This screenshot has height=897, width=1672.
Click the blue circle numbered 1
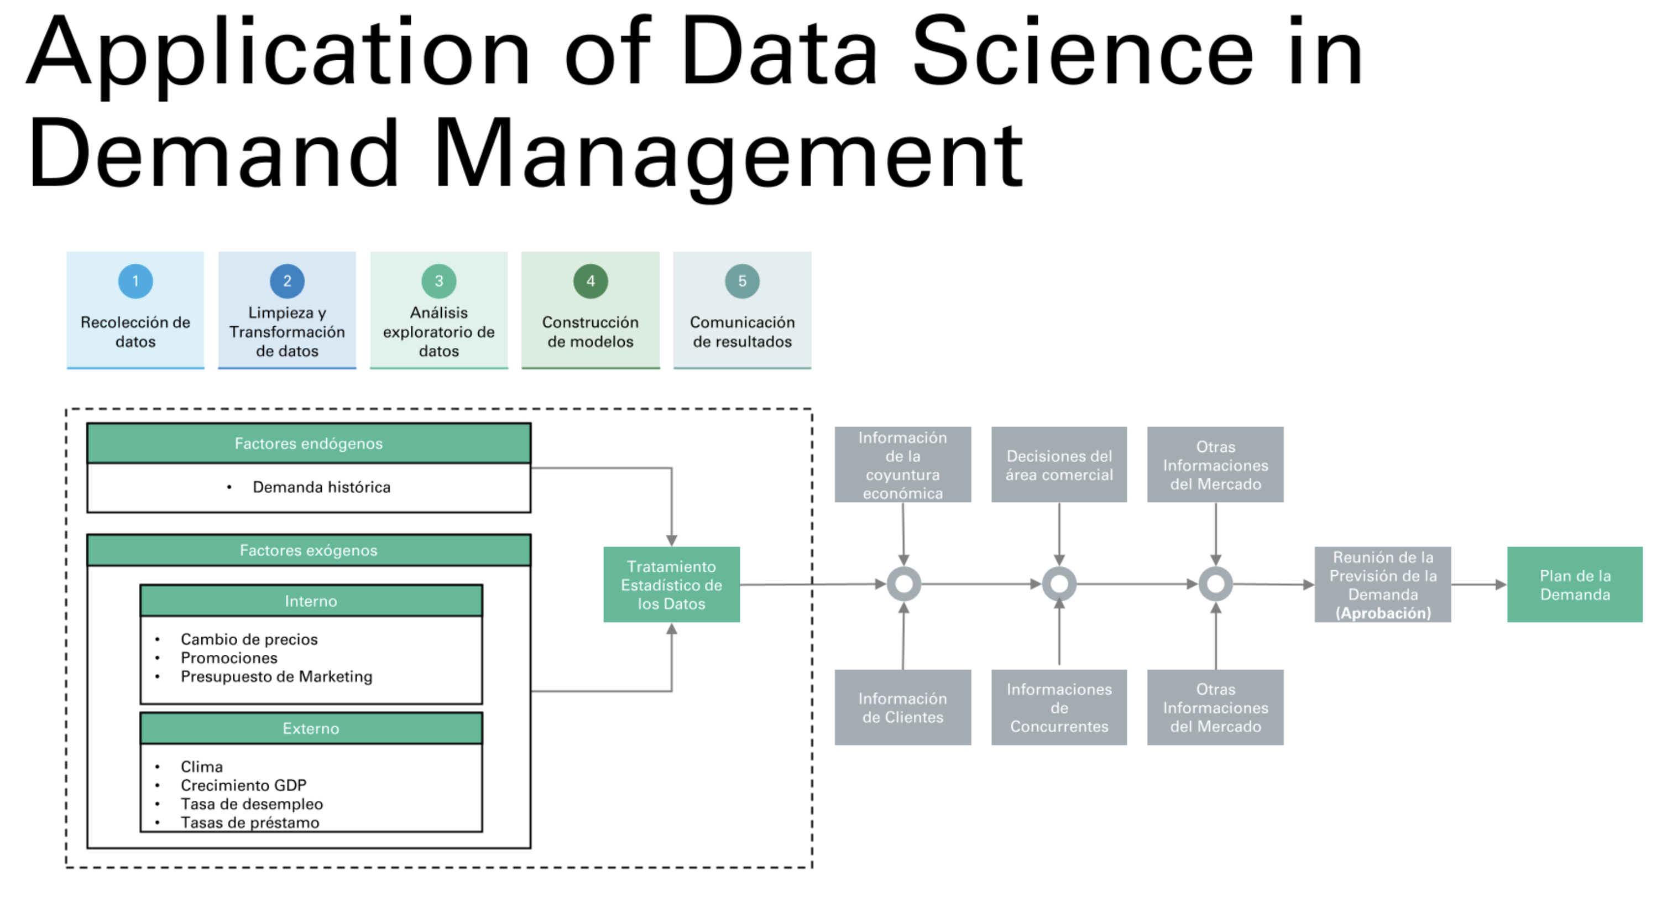(135, 281)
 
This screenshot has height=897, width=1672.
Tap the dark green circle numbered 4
(590, 281)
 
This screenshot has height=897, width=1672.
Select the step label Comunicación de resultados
(742, 332)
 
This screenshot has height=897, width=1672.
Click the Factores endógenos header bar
(309, 444)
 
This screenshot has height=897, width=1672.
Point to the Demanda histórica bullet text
(321, 487)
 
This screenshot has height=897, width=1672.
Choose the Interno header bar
(311, 601)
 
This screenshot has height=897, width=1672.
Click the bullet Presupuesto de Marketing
(276, 676)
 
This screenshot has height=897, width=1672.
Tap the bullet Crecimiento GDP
(243, 785)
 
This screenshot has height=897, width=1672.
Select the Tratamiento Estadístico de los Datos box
(671, 585)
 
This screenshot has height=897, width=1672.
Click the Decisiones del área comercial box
(1059, 465)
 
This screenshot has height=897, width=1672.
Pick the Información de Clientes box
(902, 707)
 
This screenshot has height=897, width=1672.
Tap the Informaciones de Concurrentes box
(1059, 707)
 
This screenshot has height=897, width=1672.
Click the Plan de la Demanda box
(1575, 585)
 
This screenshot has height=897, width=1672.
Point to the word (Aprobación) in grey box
(1382, 613)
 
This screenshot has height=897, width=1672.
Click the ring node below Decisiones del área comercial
(1059, 584)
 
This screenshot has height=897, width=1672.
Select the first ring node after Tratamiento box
(903, 584)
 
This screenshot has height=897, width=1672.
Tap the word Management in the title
(727, 156)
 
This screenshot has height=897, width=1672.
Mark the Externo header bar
(311, 728)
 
